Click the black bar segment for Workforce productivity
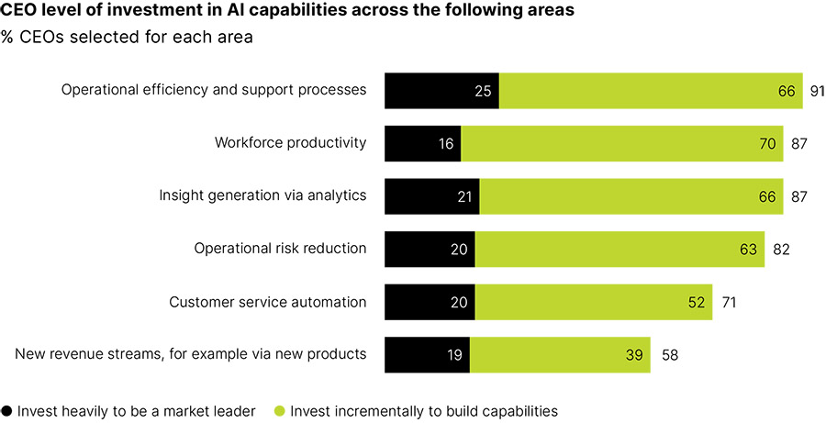pyautogui.click(x=422, y=143)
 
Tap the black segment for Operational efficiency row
pyautogui.click(x=441, y=91)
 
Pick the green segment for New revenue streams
pyautogui.click(x=560, y=354)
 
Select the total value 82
pyautogui.click(x=780, y=249)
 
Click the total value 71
pyautogui.click(x=727, y=302)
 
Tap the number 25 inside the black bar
pyautogui.click(x=484, y=91)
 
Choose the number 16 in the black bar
pyautogui.click(x=446, y=143)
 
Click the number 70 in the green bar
pyautogui.click(x=768, y=143)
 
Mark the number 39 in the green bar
pyautogui.click(x=635, y=354)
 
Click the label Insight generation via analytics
pyautogui.click(x=262, y=195)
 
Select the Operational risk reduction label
pyautogui.click(x=280, y=249)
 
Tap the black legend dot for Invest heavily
pyautogui.click(x=7, y=411)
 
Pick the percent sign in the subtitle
pyautogui.click(x=9, y=39)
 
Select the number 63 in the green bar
pyautogui.click(x=749, y=249)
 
